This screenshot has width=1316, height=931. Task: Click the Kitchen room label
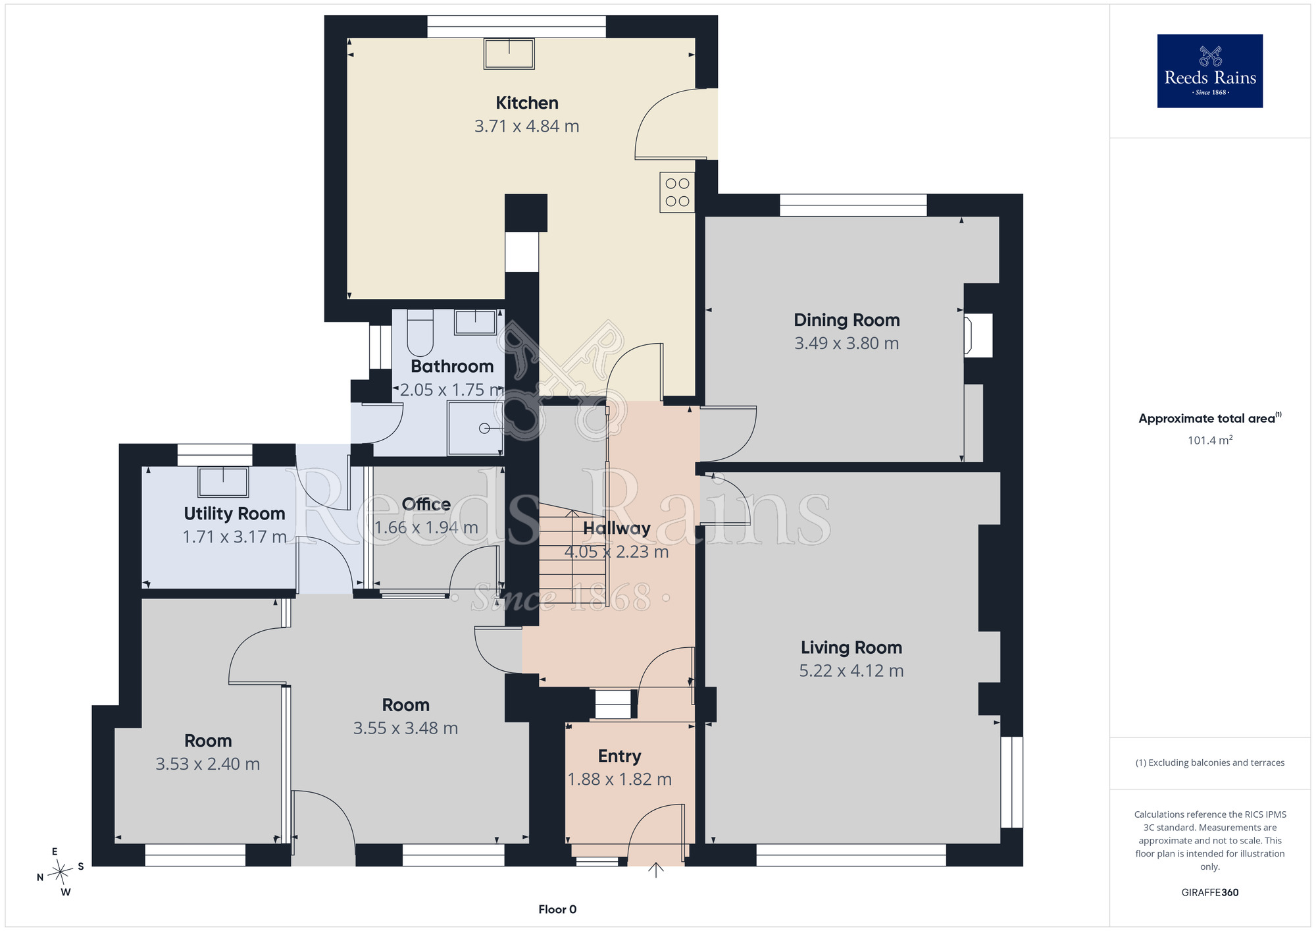click(x=527, y=103)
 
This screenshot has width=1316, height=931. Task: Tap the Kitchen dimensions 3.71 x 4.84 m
click(x=527, y=126)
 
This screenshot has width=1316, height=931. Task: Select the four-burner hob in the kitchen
click(x=677, y=192)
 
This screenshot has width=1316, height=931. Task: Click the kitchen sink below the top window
click(x=509, y=53)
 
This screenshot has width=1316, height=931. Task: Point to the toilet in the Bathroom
click(x=420, y=332)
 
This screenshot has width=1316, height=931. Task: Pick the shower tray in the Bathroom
click(x=475, y=428)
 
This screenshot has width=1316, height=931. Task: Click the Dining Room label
click(x=847, y=320)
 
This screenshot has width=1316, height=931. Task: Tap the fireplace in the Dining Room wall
click(x=978, y=336)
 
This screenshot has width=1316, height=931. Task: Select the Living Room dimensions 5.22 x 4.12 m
click(x=851, y=670)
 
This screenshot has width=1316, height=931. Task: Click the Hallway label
click(x=617, y=528)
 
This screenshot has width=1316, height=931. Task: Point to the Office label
click(x=426, y=504)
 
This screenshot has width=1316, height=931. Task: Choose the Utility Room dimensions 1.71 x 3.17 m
click(x=234, y=537)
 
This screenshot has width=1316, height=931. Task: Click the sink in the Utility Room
click(x=223, y=481)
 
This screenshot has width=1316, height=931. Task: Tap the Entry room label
click(x=619, y=756)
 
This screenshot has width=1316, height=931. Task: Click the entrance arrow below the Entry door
click(x=656, y=870)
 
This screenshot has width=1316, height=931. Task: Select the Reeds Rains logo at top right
click(x=1210, y=71)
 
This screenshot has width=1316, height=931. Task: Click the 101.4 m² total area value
click(x=1210, y=440)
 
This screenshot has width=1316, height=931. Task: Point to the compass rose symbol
click(x=61, y=872)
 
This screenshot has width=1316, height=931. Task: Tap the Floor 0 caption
click(x=557, y=909)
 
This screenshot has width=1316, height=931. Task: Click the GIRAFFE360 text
click(x=1210, y=893)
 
